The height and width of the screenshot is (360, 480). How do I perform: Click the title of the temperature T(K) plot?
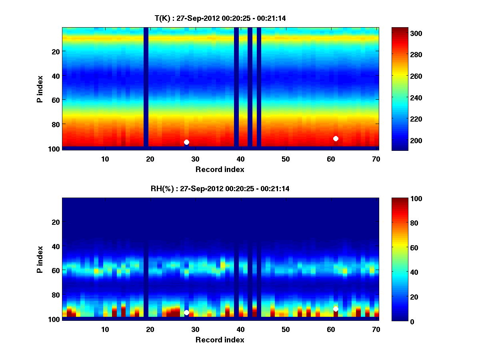pyautogui.click(x=220, y=18)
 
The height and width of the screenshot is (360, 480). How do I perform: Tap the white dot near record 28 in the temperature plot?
pyautogui.click(x=186, y=142)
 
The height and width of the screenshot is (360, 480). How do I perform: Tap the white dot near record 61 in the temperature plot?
pyautogui.click(x=336, y=138)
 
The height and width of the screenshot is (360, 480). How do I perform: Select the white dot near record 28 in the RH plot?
pyautogui.click(x=186, y=312)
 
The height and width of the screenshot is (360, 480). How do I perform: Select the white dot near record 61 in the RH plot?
pyautogui.click(x=336, y=309)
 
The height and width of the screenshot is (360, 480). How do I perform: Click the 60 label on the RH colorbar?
pyautogui.click(x=401, y=248)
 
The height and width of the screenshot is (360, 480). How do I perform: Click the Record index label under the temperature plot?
pyautogui.click(x=220, y=169)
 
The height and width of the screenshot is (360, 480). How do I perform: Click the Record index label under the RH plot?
pyautogui.click(x=220, y=340)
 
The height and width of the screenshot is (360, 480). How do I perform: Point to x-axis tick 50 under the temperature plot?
pyautogui.click(x=286, y=159)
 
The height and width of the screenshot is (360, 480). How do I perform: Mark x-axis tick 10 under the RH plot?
pyautogui.click(x=105, y=330)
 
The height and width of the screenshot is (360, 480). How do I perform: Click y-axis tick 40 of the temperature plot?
pyautogui.click(x=55, y=76)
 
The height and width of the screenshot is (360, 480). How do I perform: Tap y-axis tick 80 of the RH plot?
pyautogui.click(x=55, y=295)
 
